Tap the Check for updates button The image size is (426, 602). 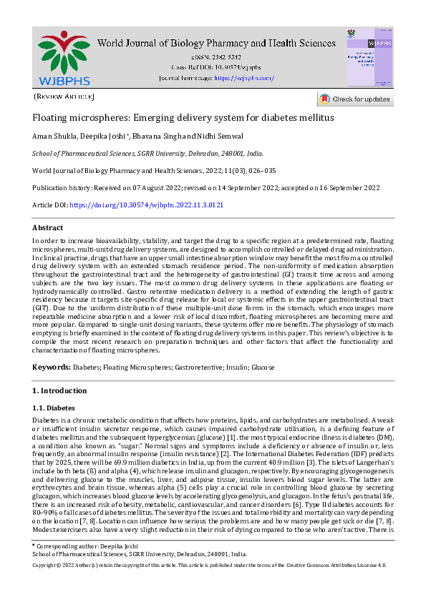[x=355, y=99]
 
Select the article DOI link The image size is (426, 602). [x=147, y=204]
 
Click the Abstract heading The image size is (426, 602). [x=48, y=226]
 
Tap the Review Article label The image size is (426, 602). [x=64, y=96]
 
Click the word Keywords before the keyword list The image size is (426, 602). [x=52, y=367]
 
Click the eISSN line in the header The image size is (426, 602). [x=226, y=56]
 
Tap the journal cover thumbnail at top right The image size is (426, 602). [x=369, y=57]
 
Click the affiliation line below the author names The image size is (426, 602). [x=148, y=153]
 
